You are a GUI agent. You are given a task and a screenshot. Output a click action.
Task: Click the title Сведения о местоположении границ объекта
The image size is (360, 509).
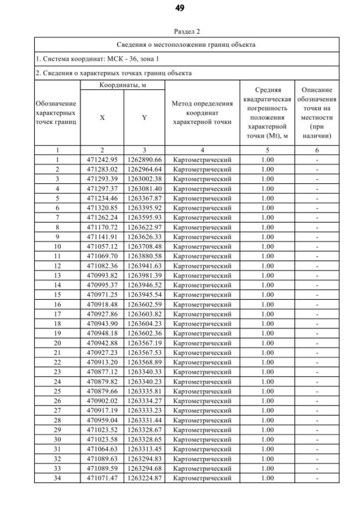[x=187, y=44]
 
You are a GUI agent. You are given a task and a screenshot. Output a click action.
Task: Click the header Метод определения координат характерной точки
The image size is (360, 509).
[x=202, y=112]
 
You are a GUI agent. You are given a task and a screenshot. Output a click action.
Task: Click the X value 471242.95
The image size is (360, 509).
[x=102, y=160]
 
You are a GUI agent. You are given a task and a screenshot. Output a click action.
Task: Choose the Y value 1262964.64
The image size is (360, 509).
[x=145, y=169]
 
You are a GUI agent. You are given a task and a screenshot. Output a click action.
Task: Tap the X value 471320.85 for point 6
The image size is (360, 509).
[x=102, y=208]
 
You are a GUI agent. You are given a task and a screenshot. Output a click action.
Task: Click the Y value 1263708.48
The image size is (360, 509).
[x=145, y=246]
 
